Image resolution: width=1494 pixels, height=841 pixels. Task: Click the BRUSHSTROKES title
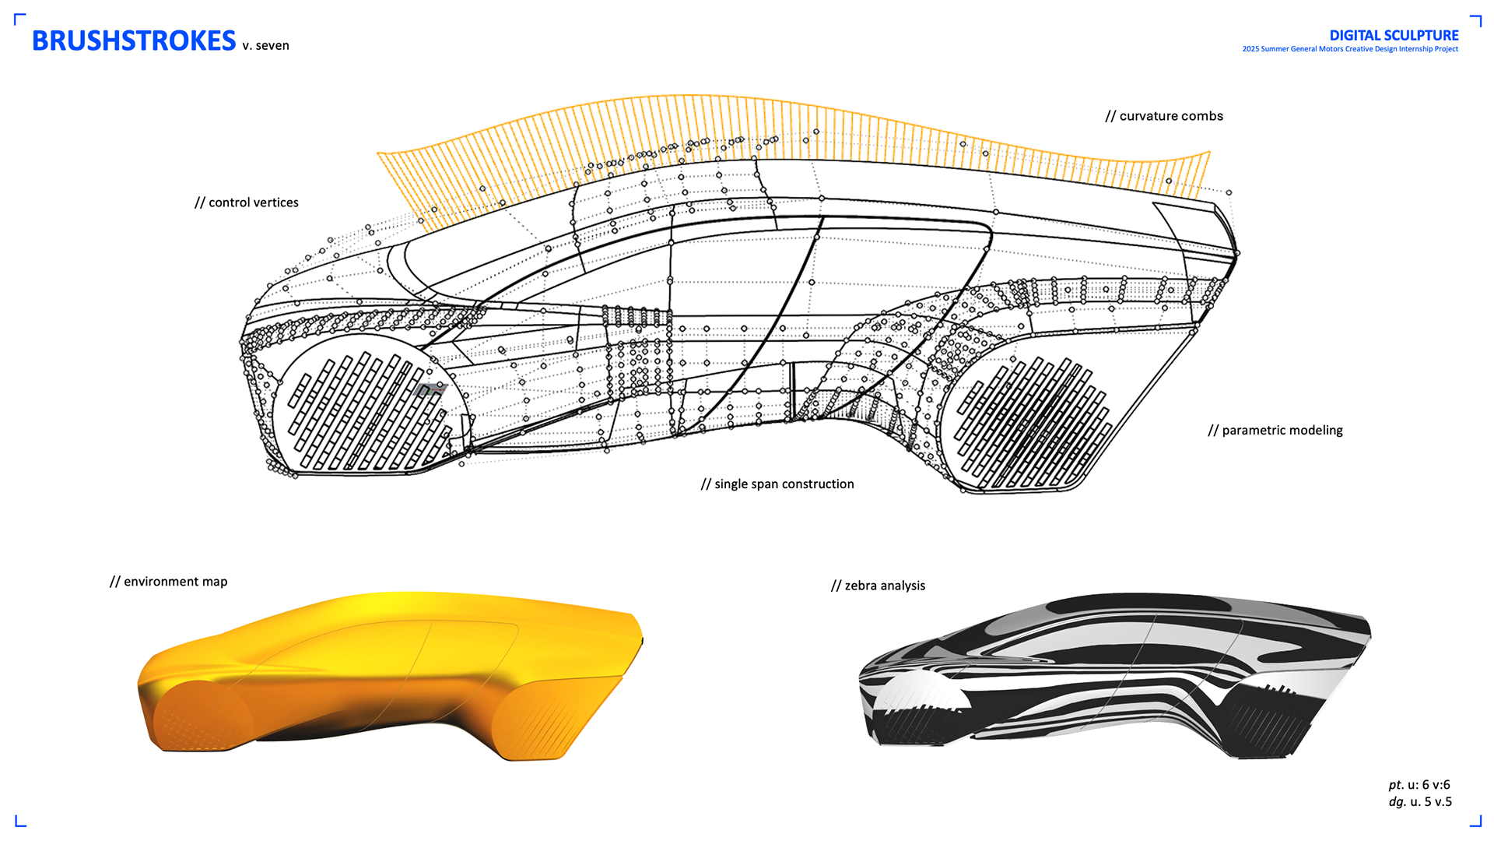tap(133, 40)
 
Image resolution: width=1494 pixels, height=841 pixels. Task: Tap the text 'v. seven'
tap(265, 46)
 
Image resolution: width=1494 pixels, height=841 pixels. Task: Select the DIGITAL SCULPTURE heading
tap(1394, 35)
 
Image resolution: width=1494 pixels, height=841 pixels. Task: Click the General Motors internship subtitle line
tap(1350, 49)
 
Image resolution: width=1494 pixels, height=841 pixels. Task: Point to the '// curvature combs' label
tap(1164, 116)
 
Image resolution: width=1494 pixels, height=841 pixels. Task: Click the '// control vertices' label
tap(247, 202)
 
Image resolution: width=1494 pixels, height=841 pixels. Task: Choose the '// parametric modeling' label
tap(1275, 431)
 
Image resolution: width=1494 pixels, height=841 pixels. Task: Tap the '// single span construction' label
tap(777, 484)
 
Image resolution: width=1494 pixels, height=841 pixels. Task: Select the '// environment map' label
tap(169, 582)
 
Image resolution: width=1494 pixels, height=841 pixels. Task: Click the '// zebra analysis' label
tap(879, 586)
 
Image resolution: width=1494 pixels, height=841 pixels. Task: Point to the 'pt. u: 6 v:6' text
tap(1419, 785)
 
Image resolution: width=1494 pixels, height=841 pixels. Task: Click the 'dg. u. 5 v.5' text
tap(1420, 802)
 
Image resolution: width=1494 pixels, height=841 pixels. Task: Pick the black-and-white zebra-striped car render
tap(1113, 674)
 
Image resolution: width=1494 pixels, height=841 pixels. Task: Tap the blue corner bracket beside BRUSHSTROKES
tap(20, 19)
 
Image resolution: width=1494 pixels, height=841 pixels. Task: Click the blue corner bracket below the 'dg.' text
tap(1475, 820)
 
